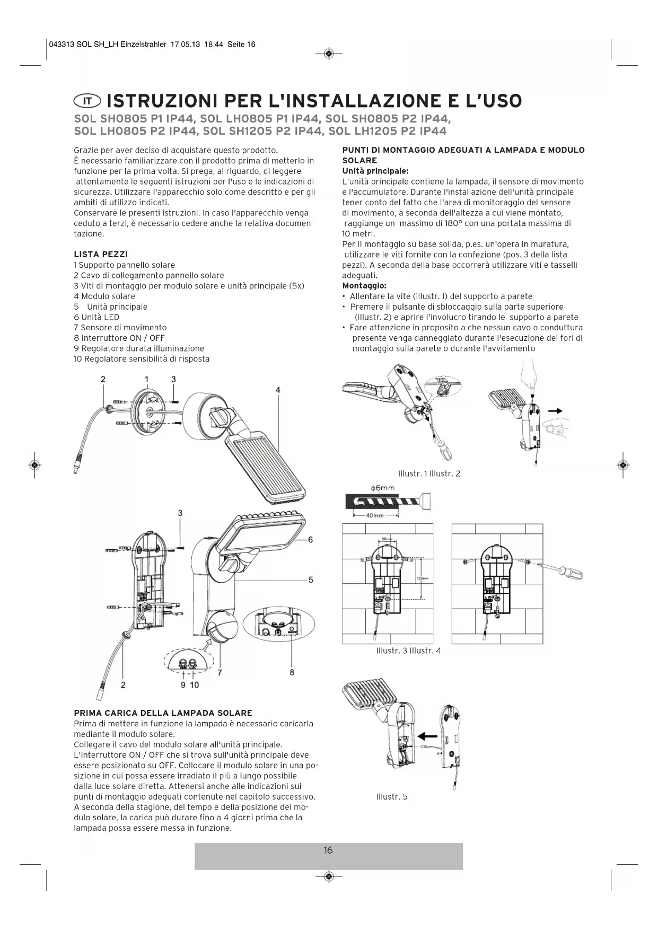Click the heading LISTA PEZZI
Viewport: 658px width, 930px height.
click(x=101, y=255)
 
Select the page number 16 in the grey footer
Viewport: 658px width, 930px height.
click(x=328, y=850)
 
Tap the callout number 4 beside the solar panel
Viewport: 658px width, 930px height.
click(x=278, y=390)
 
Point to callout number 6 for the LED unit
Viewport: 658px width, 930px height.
click(x=310, y=540)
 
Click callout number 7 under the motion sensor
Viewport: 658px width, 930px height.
click(x=220, y=673)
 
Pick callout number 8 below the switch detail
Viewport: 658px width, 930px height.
click(x=292, y=672)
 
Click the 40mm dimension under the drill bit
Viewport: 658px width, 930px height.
click(x=375, y=516)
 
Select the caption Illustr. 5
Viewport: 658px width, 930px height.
click(x=392, y=796)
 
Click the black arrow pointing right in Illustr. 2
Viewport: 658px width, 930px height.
click(x=555, y=411)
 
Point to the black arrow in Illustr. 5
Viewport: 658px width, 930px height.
click(x=427, y=736)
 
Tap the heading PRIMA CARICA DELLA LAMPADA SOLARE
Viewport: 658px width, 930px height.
click(x=163, y=713)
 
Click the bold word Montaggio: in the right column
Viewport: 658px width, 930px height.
click(x=364, y=286)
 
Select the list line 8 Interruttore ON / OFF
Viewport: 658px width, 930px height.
click(x=119, y=338)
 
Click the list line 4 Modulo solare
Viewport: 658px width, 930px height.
click(x=104, y=296)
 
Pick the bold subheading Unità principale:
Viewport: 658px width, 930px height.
click(x=375, y=171)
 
